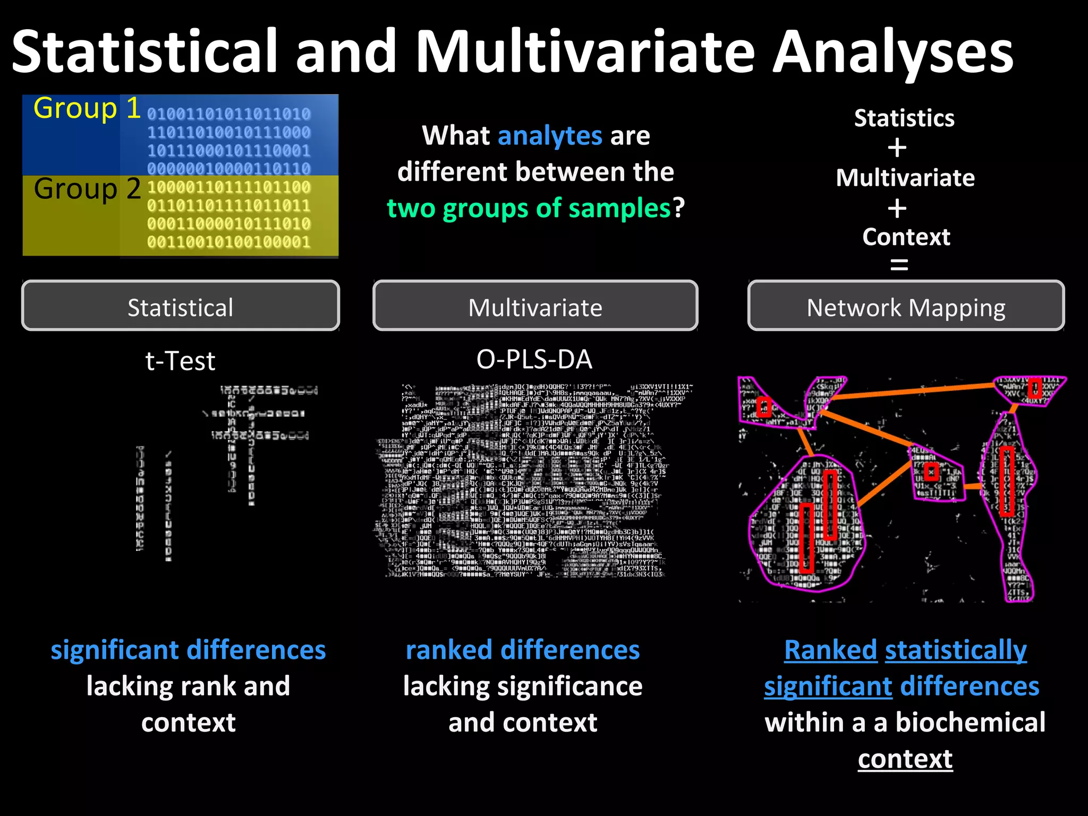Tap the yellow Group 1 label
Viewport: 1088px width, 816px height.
[x=87, y=109]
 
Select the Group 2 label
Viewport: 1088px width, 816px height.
[x=87, y=189]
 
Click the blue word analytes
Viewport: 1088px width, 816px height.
[x=550, y=136]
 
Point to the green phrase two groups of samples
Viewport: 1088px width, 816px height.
[x=529, y=208]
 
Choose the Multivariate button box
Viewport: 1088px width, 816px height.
[x=535, y=307]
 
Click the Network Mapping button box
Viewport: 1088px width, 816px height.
[x=906, y=307]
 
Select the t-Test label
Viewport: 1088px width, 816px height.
[x=180, y=361]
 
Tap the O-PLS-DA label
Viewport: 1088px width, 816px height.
[x=534, y=360]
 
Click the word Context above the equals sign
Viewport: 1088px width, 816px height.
[x=906, y=237]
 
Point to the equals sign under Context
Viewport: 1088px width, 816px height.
[x=899, y=265]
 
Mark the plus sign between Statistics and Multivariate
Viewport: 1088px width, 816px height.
[x=897, y=148]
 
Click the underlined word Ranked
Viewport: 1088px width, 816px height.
[x=830, y=650]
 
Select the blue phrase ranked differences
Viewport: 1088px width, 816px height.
[x=523, y=650]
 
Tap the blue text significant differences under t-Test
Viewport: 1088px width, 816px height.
[x=188, y=650]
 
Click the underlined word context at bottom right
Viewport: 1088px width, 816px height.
[x=905, y=759]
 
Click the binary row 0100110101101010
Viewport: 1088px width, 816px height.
[x=228, y=114]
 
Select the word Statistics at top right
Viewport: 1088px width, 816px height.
[x=904, y=118]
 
